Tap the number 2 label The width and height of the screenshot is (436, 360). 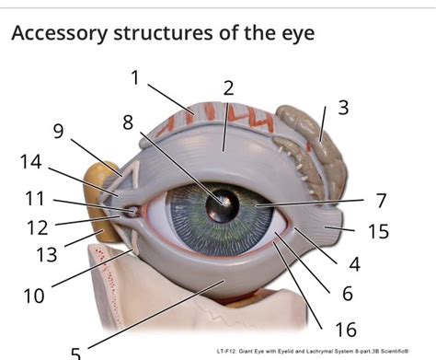coord(228,88)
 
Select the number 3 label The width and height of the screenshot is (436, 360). coord(343,107)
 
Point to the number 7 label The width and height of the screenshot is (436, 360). coord(380,201)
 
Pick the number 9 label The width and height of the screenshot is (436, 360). coord(58,132)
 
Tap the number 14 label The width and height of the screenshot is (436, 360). coord(30,163)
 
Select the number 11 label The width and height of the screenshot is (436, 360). coord(35,198)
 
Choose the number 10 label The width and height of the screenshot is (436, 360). coord(34,296)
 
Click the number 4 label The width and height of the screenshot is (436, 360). coord(353,265)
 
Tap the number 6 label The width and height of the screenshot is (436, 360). coord(347,294)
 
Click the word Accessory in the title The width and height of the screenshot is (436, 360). coord(57,34)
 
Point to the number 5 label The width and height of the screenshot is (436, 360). coord(76,352)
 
